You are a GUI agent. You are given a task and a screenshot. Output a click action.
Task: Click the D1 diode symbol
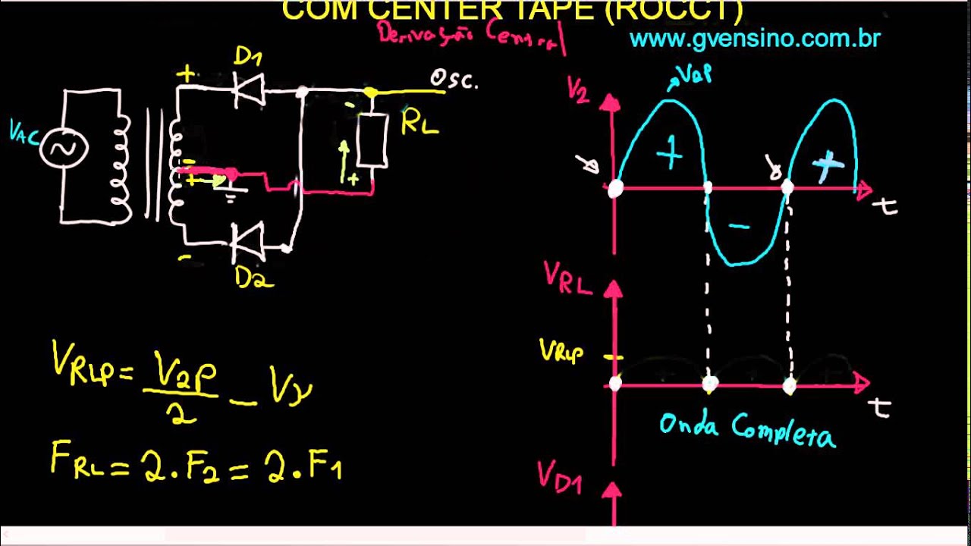click(248, 89)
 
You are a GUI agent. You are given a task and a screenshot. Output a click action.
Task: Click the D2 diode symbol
click(248, 243)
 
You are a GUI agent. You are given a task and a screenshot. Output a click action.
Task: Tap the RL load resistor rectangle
click(372, 140)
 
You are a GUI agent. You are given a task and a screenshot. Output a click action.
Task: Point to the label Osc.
click(454, 79)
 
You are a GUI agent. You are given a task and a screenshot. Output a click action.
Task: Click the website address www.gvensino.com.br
click(755, 39)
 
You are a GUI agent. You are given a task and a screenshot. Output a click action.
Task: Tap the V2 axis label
click(578, 90)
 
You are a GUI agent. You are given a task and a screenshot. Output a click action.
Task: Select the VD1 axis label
click(560, 476)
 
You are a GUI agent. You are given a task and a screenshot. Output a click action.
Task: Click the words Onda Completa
click(746, 429)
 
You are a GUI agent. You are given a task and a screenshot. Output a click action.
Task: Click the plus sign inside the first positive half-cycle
click(669, 155)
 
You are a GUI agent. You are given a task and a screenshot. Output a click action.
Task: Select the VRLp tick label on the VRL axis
click(561, 350)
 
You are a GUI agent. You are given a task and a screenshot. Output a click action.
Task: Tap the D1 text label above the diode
click(248, 56)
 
